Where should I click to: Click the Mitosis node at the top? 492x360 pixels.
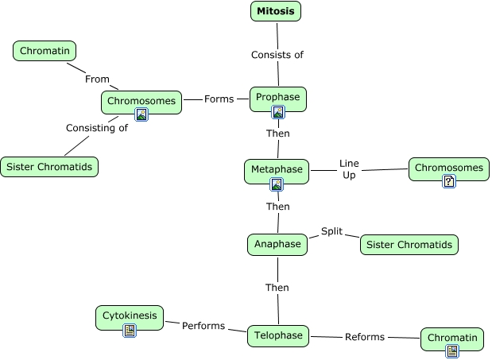pyautogui.click(x=276, y=11)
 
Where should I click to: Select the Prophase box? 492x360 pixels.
pyautogui.click(x=277, y=98)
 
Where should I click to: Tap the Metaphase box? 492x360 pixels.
pyautogui.click(x=276, y=170)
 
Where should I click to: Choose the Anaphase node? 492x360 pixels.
pyautogui.click(x=277, y=244)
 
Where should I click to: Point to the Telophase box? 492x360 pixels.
pyautogui.click(x=278, y=336)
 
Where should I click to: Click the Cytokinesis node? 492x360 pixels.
pyautogui.click(x=130, y=316)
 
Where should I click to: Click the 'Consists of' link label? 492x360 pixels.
pyautogui.click(x=277, y=55)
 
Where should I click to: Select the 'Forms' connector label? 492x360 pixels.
pyautogui.click(x=219, y=99)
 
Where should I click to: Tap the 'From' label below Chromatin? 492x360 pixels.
pyautogui.click(x=97, y=79)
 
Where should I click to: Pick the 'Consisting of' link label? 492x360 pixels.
pyautogui.click(x=97, y=128)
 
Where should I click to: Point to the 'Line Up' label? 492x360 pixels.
pyautogui.click(x=349, y=168)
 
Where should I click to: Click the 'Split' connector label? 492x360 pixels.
pyautogui.click(x=331, y=231)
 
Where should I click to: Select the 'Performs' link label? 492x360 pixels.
pyautogui.click(x=203, y=326)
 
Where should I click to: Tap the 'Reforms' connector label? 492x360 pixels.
pyautogui.click(x=365, y=337)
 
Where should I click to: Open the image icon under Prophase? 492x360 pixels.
pyautogui.click(x=277, y=112)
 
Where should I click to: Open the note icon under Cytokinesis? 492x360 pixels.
pyautogui.click(x=130, y=331)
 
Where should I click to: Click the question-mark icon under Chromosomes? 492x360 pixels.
pyautogui.click(x=449, y=181)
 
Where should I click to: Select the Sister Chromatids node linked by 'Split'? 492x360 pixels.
pyautogui.click(x=409, y=245)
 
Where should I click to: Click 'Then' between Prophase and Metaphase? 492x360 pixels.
pyautogui.click(x=277, y=134)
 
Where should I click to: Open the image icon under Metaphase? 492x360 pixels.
pyautogui.click(x=277, y=184)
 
